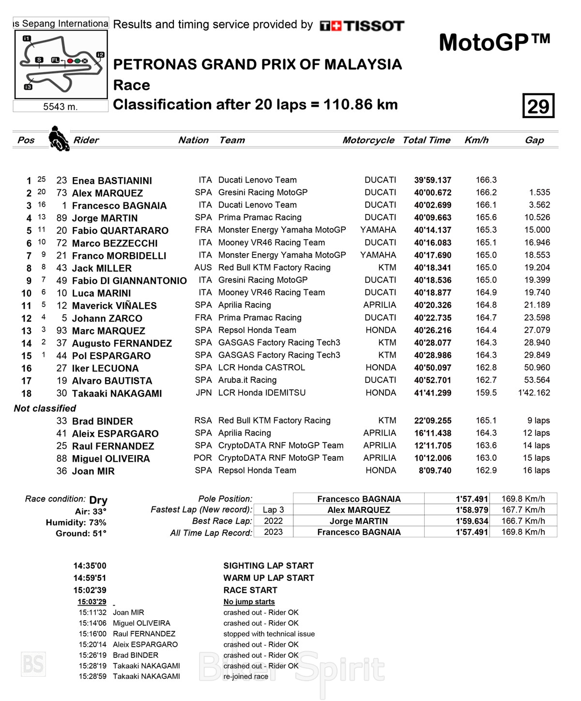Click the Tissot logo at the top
(x=362, y=26)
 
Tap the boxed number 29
(x=538, y=106)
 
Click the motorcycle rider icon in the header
(x=59, y=138)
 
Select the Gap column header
(x=534, y=140)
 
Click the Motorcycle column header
(x=368, y=140)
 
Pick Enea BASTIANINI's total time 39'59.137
(x=432, y=180)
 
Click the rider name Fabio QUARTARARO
(x=120, y=230)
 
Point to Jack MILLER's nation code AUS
(x=203, y=267)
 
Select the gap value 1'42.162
(x=534, y=393)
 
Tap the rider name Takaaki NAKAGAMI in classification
(x=117, y=393)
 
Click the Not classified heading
(x=45, y=408)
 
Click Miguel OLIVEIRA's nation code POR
(x=203, y=457)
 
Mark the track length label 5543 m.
(x=61, y=107)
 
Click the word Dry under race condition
(x=98, y=500)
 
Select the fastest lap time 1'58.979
(x=472, y=510)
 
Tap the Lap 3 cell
(x=273, y=510)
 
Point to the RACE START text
(x=250, y=590)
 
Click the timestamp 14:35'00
(x=90, y=565)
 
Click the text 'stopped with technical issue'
(x=269, y=634)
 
